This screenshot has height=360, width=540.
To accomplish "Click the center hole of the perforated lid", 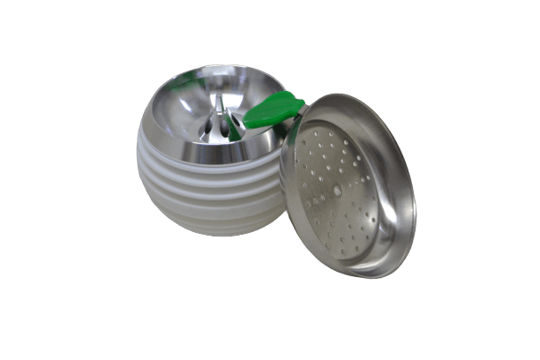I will [x=337, y=189].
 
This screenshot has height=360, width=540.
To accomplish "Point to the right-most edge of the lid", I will [x=416, y=212].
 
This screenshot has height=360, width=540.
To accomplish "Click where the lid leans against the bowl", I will [x=282, y=168].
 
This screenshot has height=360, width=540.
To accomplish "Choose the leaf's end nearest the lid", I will [x=300, y=104].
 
